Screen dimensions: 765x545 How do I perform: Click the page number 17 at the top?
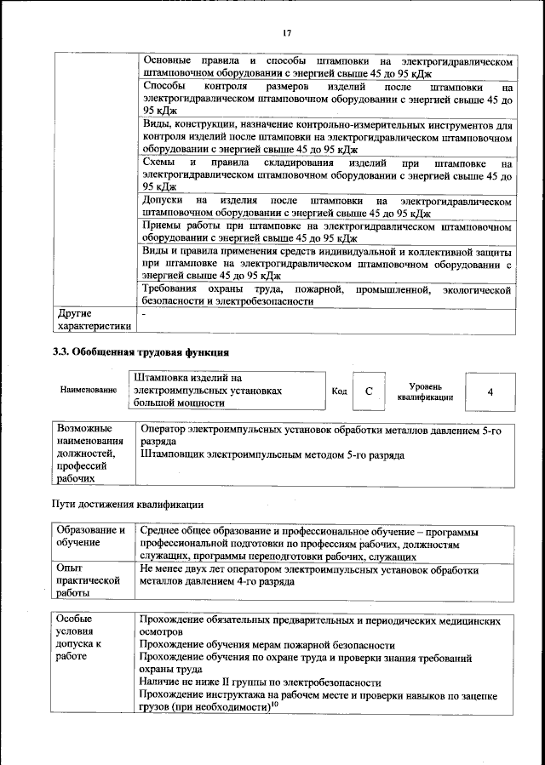pos(286,33)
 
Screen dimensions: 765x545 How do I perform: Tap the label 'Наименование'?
pos(89,390)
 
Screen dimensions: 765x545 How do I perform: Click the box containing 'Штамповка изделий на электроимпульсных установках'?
pos(227,390)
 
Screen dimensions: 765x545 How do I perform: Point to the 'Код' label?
pos(339,391)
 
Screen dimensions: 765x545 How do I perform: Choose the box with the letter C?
pos(368,391)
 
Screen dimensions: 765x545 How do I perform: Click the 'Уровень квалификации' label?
pos(425,391)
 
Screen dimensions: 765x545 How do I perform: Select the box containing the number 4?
pos(490,391)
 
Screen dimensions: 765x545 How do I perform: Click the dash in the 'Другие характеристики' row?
pos(145,314)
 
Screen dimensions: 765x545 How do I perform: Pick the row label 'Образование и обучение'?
pos(90,536)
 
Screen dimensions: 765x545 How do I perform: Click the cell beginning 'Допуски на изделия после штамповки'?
pos(327,207)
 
